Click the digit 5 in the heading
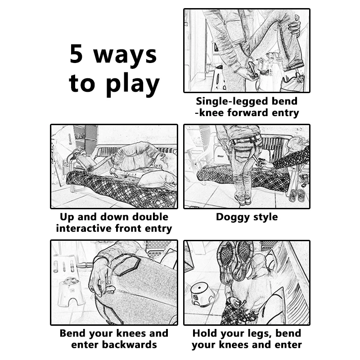[x=76, y=54]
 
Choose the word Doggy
[x=232, y=217]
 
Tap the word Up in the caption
[x=67, y=217]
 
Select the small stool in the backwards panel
[x=70, y=291]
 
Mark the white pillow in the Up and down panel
[x=156, y=178]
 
